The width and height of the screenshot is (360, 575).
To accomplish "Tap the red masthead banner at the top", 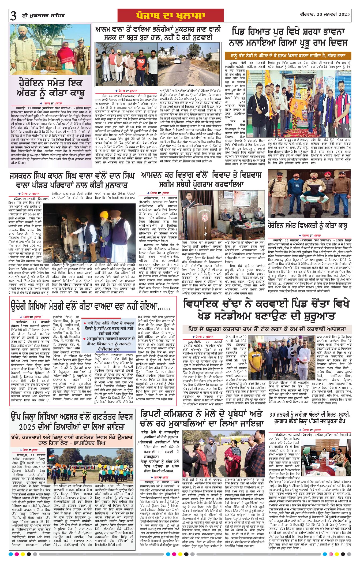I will click(x=170, y=15).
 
